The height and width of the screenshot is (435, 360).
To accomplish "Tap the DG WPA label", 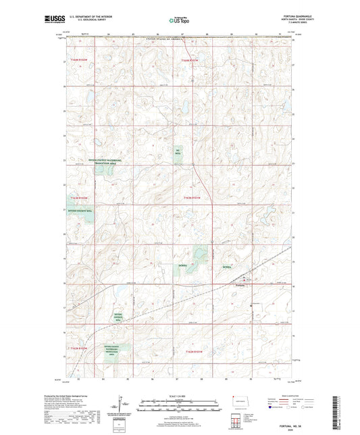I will tap(178, 151).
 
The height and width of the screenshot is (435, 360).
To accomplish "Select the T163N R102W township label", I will tap(192, 197).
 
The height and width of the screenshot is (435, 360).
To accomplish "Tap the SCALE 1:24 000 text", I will tap(179, 395).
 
